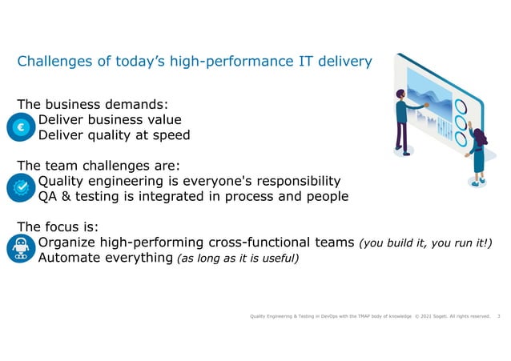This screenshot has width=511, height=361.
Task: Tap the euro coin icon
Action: pyautogui.click(x=17, y=126)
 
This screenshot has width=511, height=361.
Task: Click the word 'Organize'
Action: pyautogui.click(x=71, y=243)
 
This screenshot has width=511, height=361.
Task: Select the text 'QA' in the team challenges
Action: pyautogui.click(x=50, y=196)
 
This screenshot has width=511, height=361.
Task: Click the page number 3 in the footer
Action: pyautogui.click(x=499, y=317)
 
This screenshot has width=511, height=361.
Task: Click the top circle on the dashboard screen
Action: pyautogui.click(x=461, y=106)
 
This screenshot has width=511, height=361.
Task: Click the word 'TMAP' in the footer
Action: pyautogui.click(x=357, y=317)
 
